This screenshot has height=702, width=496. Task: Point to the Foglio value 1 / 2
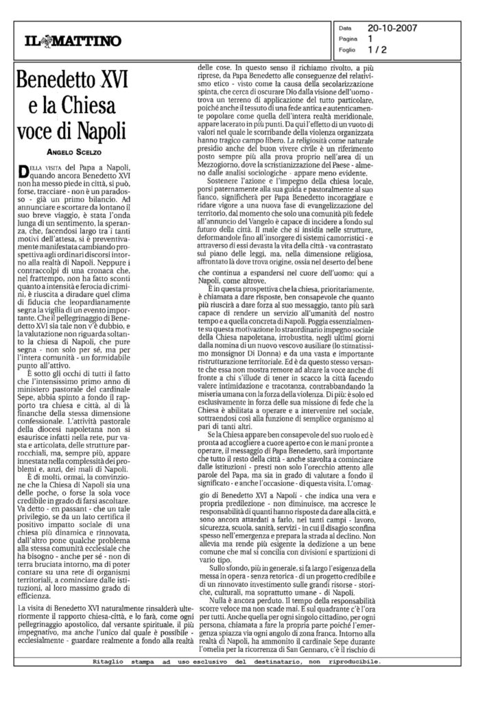(x=377, y=49)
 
